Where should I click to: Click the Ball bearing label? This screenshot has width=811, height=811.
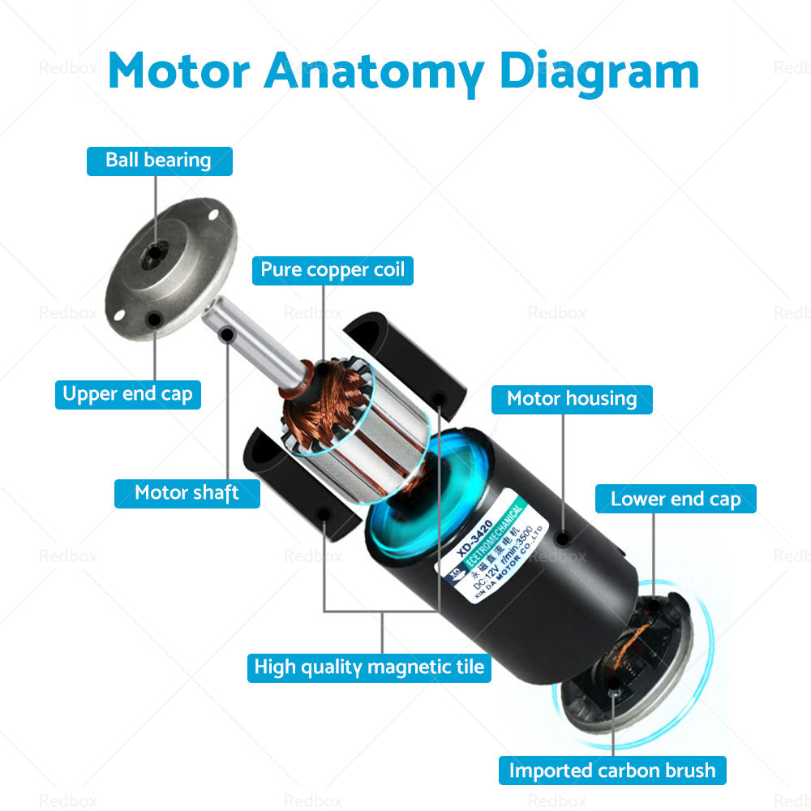159,161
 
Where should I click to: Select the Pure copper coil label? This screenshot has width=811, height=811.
333,270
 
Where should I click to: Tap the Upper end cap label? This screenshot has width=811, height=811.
128,395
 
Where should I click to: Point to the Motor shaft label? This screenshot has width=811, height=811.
187,493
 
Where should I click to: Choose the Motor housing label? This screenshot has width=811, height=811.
572,399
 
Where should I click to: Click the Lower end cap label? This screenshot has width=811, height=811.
676,500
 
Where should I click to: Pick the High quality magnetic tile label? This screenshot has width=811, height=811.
369,667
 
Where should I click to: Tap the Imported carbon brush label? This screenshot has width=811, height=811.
612,770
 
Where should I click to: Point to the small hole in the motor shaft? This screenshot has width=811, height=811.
228,334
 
